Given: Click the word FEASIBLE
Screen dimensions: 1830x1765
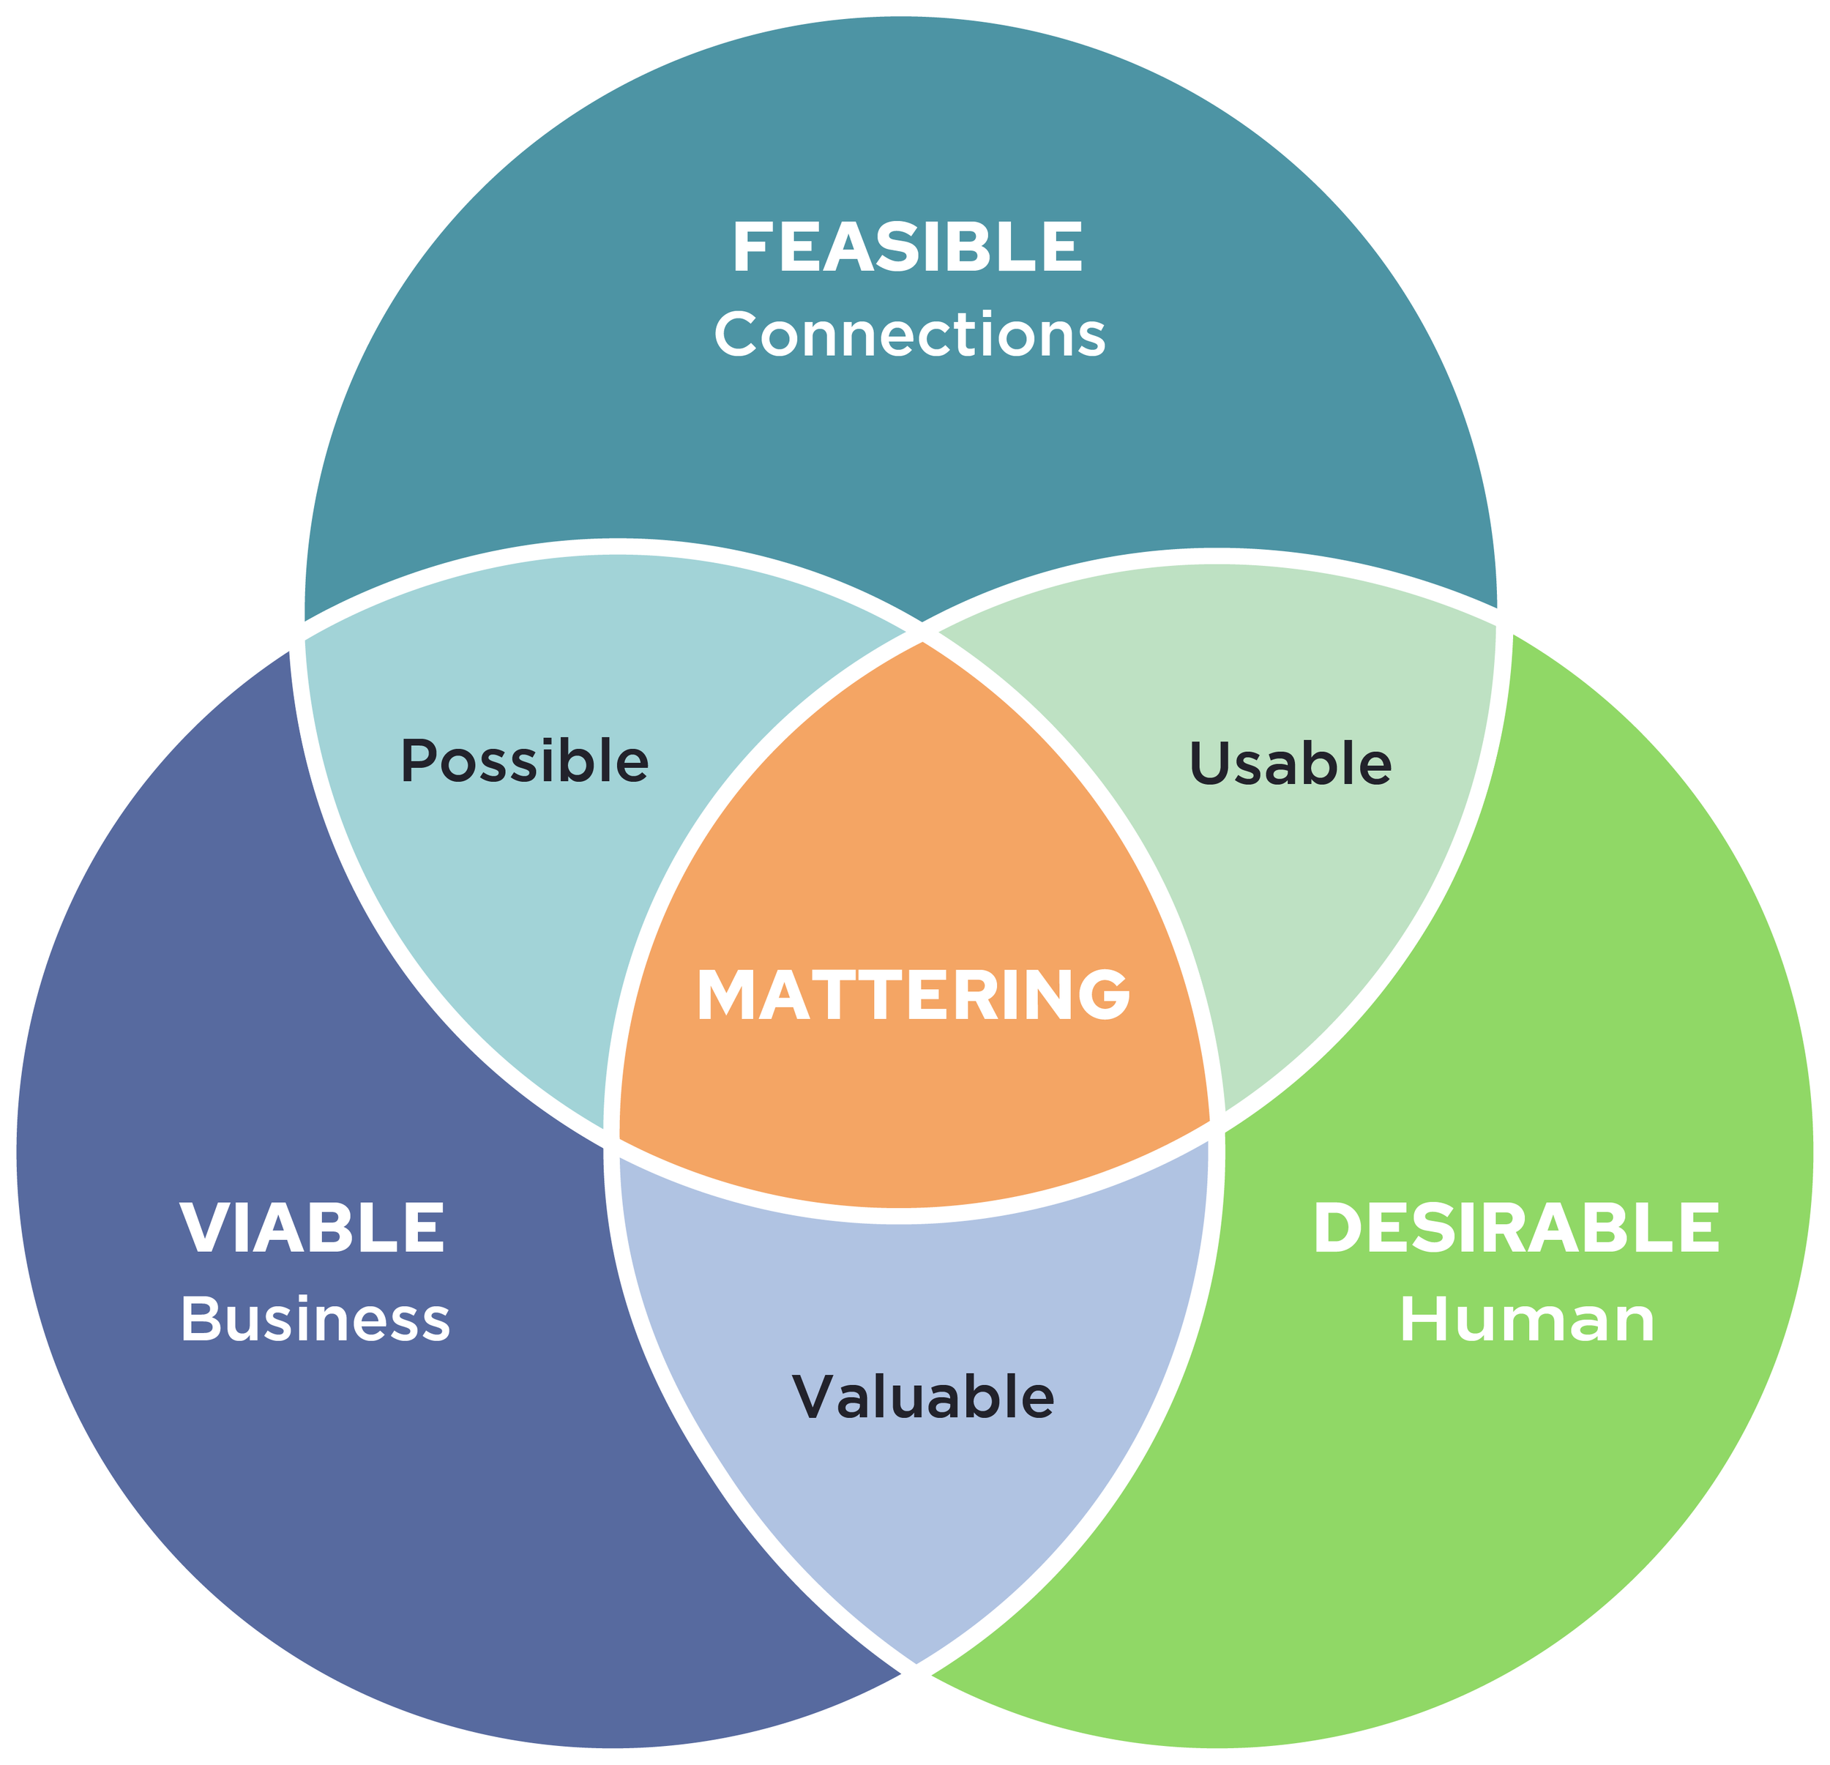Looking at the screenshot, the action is pos(908,247).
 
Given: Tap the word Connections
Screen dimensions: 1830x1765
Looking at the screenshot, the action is pos(911,335).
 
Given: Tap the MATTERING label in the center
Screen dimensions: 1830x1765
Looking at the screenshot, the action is pos(914,995).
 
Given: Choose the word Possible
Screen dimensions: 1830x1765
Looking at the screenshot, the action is pos(525,761).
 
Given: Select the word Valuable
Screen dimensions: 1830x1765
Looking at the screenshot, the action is pos(923,1398).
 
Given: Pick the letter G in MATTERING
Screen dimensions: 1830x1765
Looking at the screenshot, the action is pos(1105,995).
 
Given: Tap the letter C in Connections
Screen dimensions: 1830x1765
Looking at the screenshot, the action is pos(736,335).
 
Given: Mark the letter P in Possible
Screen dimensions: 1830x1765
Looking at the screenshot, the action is pos(419,761).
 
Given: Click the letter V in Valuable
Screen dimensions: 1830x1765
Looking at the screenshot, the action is pos(817,1398).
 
